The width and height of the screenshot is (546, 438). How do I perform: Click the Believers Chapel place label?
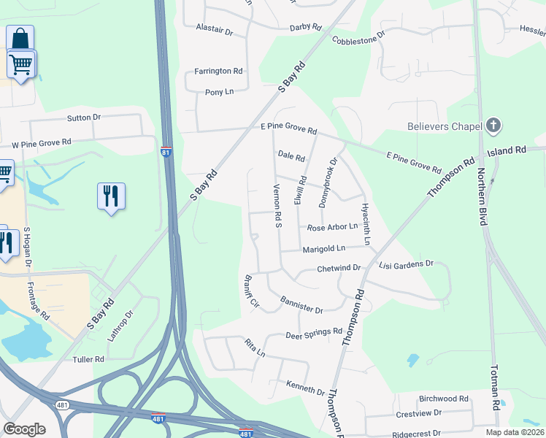click(x=445, y=126)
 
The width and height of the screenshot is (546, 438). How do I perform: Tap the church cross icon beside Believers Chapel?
click(x=494, y=126)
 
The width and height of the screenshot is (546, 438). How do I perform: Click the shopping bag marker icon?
click(x=20, y=38)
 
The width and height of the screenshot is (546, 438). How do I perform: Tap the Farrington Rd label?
click(x=218, y=72)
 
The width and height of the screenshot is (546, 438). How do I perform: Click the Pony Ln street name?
click(x=219, y=92)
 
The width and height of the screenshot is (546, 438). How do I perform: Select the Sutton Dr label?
click(x=84, y=118)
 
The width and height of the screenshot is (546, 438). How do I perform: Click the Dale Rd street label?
click(x=291, y=155)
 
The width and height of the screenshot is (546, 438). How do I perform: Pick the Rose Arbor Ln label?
click(x=332, y=228)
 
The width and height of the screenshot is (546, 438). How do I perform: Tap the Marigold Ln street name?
click(x=324, y=249)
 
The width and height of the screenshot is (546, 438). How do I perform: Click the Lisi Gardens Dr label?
click(x=407, y=264)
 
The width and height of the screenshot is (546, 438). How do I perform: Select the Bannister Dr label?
click(x=301, y=305)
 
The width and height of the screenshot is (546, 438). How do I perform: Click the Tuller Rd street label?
click(x=88, y=360)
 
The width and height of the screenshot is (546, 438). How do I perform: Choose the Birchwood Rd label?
click(x=444, y=399)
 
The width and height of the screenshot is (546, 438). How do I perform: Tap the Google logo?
click(x=25, y=429)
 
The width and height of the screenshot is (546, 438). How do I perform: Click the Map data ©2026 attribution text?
click(x=515, y=432)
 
